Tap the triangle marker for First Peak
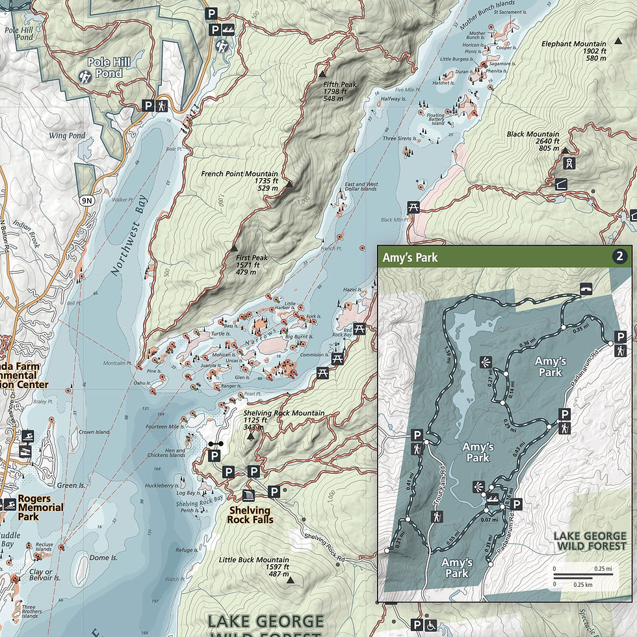coord(234,248)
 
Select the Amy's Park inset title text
coord(409,257)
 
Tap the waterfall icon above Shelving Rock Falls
coord(248,497)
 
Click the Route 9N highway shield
coord(87,201)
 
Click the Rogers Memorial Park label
coord(41,508)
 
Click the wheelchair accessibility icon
coord(430,624)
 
